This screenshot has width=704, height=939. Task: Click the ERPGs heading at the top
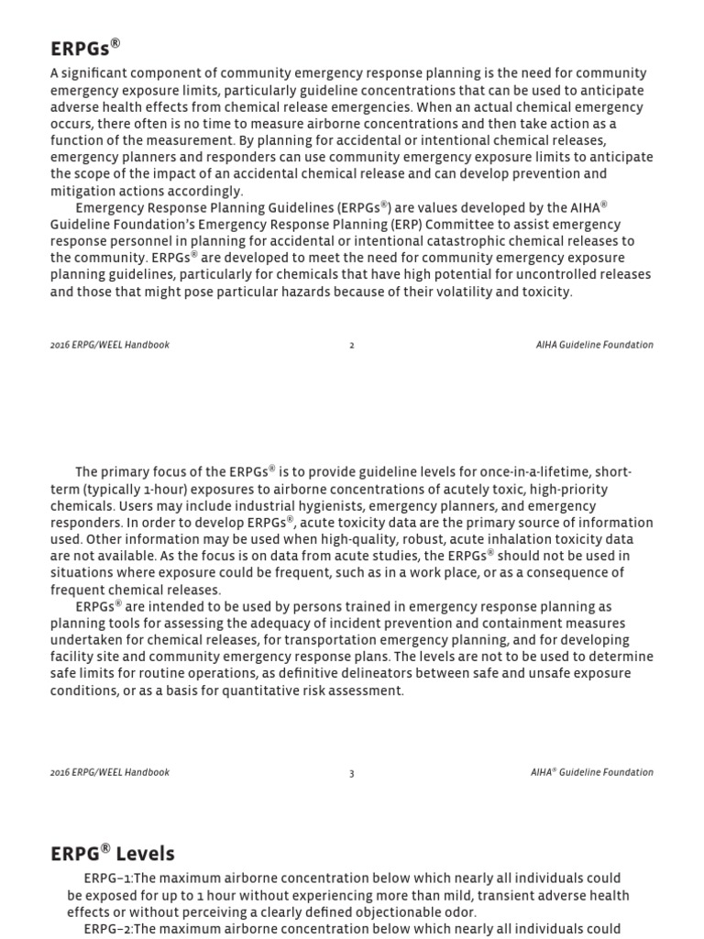click(x=85, y=48)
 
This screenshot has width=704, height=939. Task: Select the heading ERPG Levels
click(x=112, y=854)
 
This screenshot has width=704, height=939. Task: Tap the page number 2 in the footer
click(x=352, y=346)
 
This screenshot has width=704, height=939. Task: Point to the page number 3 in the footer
click(x=352, y=773)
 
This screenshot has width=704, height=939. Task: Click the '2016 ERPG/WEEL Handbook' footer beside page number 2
click(x=110, y=345)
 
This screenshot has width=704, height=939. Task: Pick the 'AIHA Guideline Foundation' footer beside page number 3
click(x=592, y=772)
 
